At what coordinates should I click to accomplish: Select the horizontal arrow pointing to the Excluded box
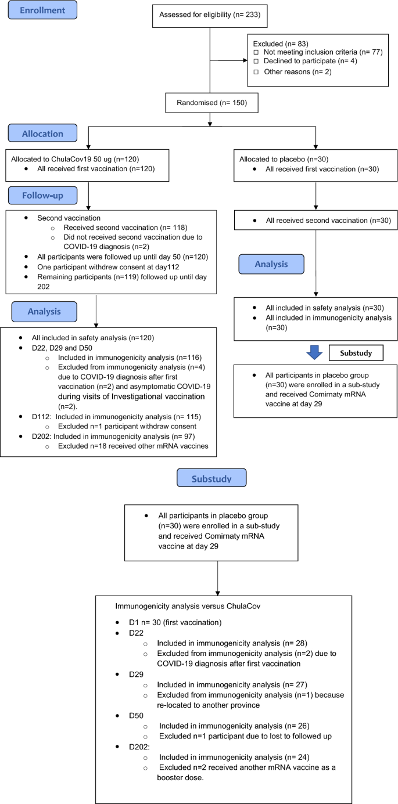click(227, 59)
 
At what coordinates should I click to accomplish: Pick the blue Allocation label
click(42, 134)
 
